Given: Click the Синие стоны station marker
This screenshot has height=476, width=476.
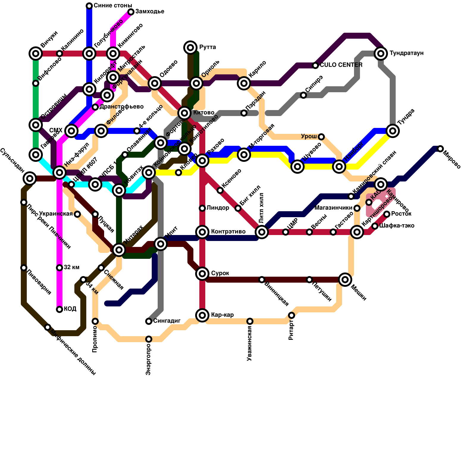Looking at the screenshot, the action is tap(89, 6).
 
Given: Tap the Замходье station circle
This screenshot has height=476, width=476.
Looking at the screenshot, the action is tap(131, 12).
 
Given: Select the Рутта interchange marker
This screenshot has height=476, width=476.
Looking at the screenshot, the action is tap(190, 47).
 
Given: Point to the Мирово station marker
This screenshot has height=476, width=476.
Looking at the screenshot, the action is tap(440, 149).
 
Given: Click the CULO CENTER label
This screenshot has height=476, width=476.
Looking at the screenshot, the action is tap(341, 65).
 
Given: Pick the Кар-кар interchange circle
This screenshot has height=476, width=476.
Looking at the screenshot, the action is tap(202, 315).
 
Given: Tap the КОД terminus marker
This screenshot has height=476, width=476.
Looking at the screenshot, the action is tap(59, 309).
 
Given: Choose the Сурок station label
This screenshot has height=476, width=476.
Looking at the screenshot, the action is tap(220, 273).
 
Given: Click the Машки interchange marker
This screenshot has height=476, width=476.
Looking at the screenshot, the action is tap(345, 279).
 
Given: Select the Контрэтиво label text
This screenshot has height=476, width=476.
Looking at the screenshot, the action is tap(228, 231).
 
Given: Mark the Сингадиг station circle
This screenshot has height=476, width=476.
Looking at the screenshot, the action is tap(149, 321).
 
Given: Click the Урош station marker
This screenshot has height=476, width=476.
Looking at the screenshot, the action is tap(321, 137).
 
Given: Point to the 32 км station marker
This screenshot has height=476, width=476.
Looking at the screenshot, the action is tap(59, 268).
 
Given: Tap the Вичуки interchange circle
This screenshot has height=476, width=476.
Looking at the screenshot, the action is tap(36, 54).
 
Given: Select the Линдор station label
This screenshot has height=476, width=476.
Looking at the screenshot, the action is tap(218, 208).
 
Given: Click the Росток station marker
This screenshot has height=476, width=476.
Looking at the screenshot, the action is tap(387, 214).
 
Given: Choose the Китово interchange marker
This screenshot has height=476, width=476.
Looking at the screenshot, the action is tap(184, 113).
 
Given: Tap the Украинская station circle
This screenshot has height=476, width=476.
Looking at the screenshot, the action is tap(77, 214).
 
